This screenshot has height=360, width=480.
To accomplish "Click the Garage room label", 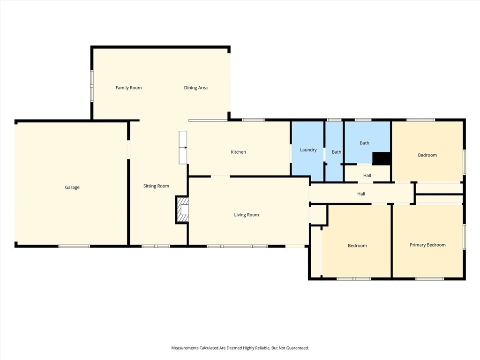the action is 72,187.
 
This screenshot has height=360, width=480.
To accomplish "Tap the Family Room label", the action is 128,88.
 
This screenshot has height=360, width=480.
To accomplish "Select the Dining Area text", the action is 195,88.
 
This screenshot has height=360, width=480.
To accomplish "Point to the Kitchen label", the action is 238,152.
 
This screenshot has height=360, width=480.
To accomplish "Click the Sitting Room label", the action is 156,186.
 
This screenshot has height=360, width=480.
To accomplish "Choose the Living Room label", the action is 247,215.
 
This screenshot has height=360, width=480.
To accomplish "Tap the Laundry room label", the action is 308,150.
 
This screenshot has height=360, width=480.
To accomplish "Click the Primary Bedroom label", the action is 427,245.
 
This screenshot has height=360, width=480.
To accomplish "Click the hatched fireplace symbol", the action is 182,210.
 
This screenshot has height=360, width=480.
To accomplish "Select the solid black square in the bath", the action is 381,158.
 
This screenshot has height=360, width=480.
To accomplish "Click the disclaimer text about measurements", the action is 240,348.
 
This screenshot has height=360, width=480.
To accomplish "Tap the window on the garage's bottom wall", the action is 74,246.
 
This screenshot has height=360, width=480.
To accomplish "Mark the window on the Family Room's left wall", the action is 91,86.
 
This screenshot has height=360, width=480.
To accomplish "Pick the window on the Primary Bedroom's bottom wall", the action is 429,279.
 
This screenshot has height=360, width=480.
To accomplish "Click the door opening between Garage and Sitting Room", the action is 128,150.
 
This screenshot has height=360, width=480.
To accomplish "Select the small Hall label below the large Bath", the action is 367,176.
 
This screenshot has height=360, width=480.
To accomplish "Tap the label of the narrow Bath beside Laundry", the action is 337,152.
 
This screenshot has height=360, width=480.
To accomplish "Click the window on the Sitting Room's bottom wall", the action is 156,246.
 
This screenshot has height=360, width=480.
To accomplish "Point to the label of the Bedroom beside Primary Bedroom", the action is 357,246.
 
